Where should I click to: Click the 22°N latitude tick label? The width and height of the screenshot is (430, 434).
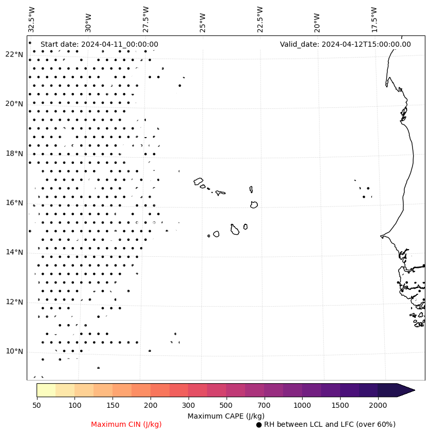click(14, 54)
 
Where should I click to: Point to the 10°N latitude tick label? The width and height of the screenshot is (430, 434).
click(14, 351)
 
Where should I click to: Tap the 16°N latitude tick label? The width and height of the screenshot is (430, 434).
click(14, 203)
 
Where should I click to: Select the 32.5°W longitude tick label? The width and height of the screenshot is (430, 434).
click(32, 19)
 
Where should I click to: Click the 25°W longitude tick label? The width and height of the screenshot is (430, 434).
click(202, 22)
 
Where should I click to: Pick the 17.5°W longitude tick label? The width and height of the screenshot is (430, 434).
click(374, 19)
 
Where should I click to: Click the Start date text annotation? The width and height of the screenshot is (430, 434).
click(99, 44)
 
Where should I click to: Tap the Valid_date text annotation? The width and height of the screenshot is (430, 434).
click(345, 44)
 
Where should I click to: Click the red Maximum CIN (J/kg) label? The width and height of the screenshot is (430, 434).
click(126, 424)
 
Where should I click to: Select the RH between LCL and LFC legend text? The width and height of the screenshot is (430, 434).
click(329, 424)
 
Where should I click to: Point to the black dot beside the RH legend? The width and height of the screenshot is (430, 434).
click(259, 425)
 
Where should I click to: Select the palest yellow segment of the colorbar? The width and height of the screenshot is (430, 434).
click(46, 390)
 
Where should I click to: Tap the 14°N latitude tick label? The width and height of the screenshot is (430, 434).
click(14, 252)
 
